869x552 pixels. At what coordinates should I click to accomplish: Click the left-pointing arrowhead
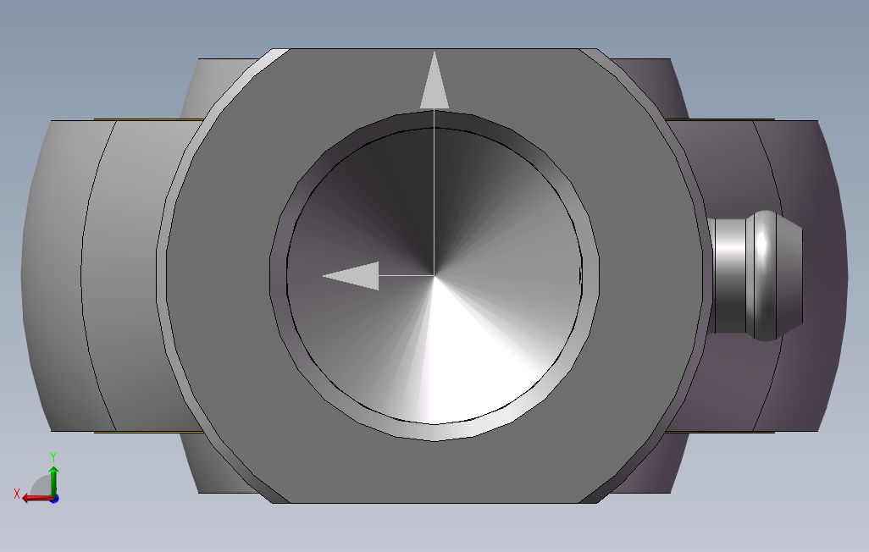pos(351,275)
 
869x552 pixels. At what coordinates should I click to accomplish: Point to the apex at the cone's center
pos(434,275)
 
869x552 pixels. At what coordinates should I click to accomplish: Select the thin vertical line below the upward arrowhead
pos(434,191)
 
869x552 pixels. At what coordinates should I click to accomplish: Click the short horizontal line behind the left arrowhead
pos(407,275)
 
